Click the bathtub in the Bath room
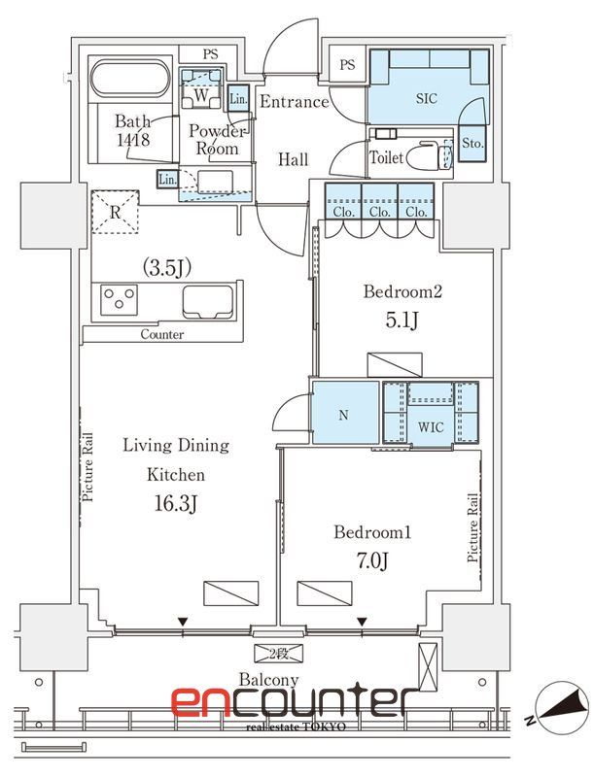point(130,82)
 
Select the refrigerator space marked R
point(115,212)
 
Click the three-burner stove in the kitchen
point(119,299)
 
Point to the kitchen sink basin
point(208,302)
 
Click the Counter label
point(162,334)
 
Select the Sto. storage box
point(472,143)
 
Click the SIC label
point(427,99)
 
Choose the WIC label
point(431,427)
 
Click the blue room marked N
point(345,412)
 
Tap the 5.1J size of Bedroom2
point(402,321)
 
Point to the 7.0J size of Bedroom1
point(372,560)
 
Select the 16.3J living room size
point(176,504)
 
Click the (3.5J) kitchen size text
point(167,268)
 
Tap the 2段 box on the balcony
point(278,653)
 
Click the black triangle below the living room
point(184,622)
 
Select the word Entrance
point(294,102)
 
